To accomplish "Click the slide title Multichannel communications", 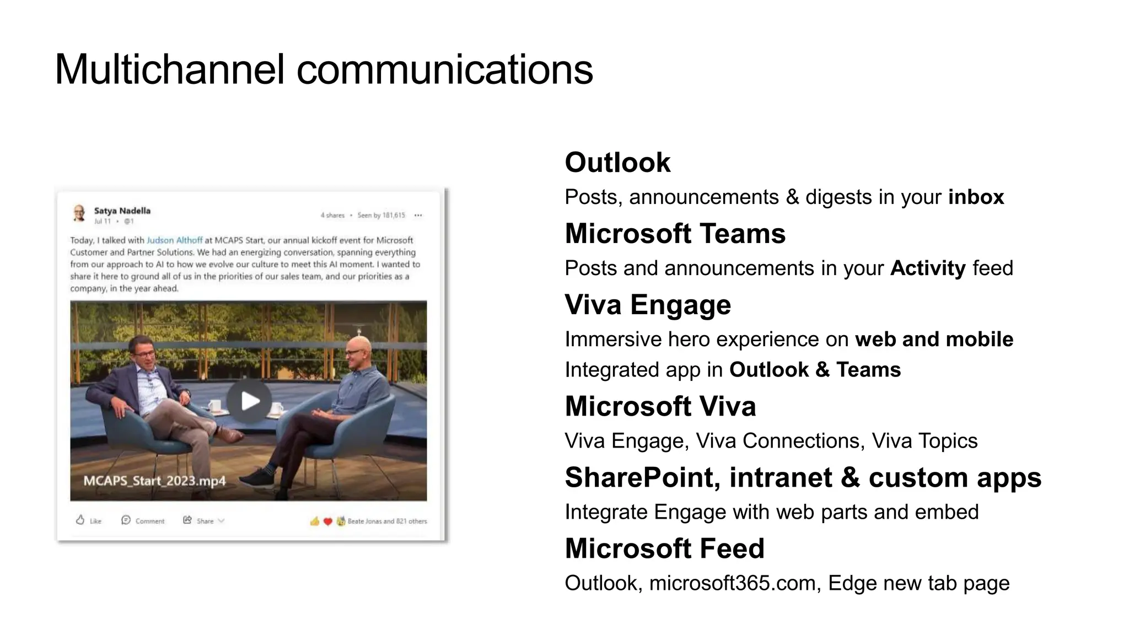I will tap(324, 69).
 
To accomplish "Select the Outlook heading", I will tap(617, 163).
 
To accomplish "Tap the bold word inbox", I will tap(976, 197).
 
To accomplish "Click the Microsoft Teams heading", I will tap(675, 234).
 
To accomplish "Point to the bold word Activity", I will tap(928, 268).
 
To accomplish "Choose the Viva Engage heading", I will tap(648, 305).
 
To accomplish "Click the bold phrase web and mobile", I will tap(934, 339).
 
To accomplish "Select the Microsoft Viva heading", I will tap(660, 406).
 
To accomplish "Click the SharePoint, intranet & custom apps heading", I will tap(803, 477).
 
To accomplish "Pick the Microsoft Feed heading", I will tap(664, 548).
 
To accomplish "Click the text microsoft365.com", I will tap(732, 583).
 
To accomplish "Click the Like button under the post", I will tap(88, 520).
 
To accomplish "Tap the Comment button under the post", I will tap(143, 520).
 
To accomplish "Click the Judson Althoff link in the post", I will tap(174, 240).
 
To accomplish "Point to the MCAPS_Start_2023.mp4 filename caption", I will tap(154, 481).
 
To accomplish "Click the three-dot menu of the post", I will tap(418, 216).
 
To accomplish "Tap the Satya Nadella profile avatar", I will tap(79, 213).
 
